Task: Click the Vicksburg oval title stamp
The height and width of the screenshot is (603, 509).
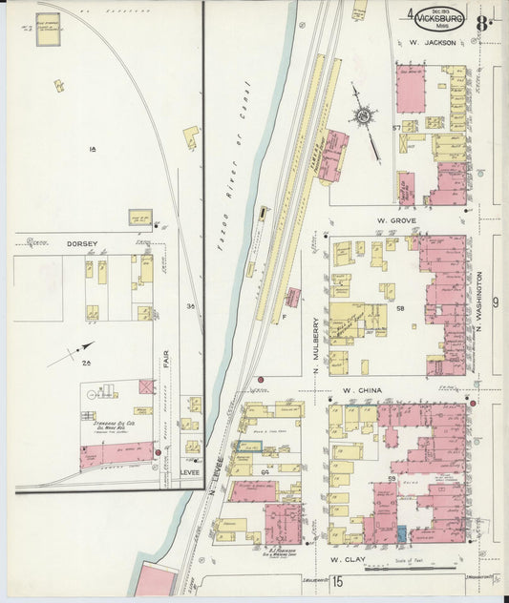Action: pos(440,18)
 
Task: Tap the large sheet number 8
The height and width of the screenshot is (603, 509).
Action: pos(486,19)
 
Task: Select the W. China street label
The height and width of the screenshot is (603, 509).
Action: pos(362,390)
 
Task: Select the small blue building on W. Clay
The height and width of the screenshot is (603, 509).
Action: pos(401,535)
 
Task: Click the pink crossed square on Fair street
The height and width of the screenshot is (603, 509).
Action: pos(146,386)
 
